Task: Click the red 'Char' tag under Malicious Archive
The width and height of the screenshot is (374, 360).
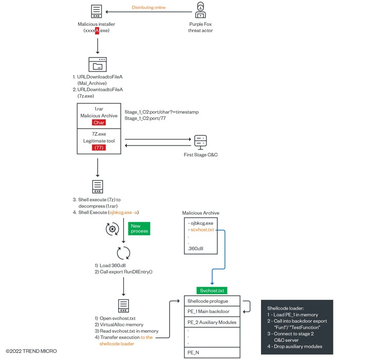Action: (99, 123)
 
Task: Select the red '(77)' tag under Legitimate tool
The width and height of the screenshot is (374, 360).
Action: (99, 148)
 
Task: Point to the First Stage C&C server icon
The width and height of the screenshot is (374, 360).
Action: (200, 141)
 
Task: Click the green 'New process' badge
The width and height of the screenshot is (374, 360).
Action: (139, 228)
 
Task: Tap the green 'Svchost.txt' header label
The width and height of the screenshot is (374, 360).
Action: (211, 291)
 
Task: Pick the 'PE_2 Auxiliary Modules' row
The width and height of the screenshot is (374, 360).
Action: (211, 322)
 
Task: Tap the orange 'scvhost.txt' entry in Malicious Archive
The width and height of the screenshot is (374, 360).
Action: (202, 230)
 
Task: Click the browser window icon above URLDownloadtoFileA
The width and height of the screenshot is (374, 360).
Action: (97, 64)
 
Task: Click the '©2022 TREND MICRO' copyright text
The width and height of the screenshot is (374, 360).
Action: (31, 351)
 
